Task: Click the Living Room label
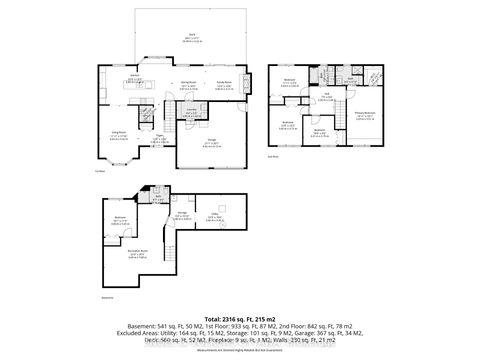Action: pyautogui.click(x=119, y=136)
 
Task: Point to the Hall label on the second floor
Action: pyautogui.click(x=326, y=96)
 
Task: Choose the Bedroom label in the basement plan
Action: pyautogui.click(x=119, y=218)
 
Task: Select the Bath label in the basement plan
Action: pyautogui.click(x=156, y=199)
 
